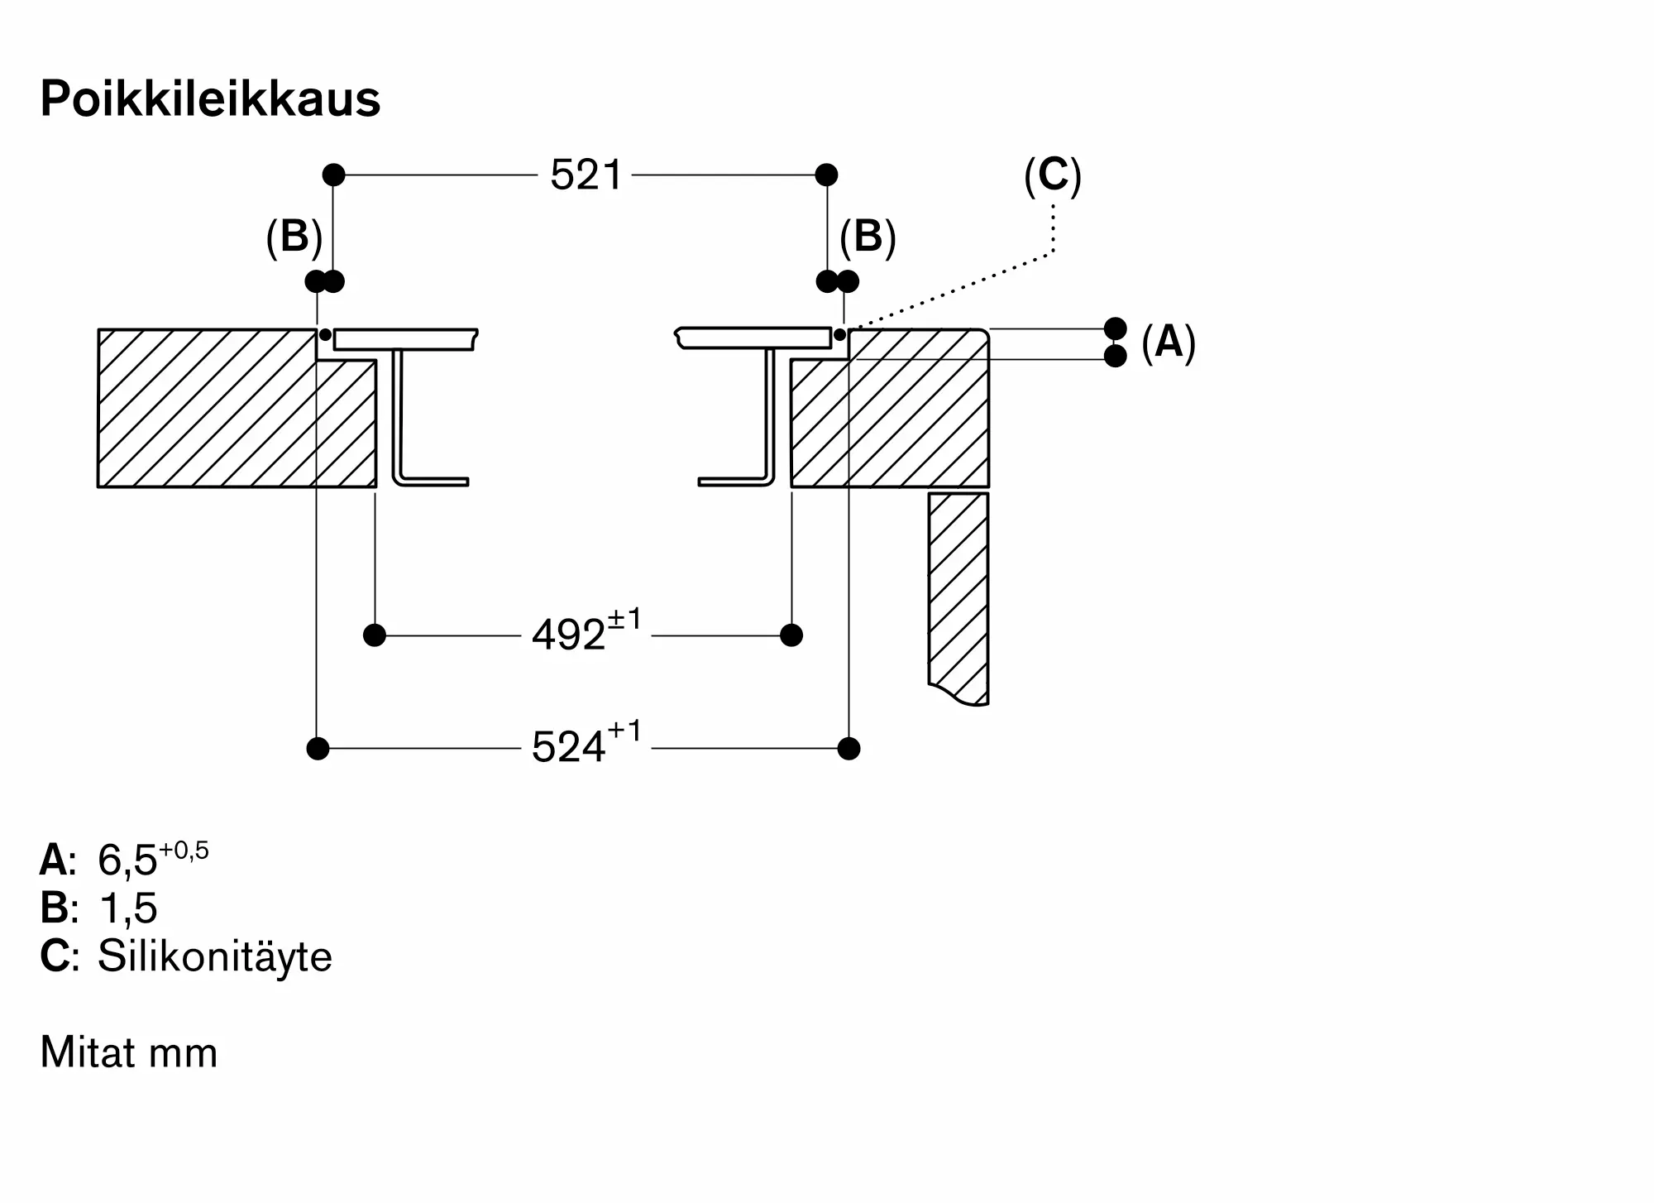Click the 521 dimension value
tap(586, 175)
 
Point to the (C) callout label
tap(1053, 175)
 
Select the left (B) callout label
tap(294, 237)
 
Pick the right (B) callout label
tap(868, 237)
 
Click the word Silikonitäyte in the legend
tap(215, 956)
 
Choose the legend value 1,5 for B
tap(127, 908)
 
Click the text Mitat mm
tap(129, 1052)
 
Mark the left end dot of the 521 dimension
tap(333, 175)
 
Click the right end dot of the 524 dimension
tap(849, 749)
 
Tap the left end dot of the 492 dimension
tap(375, 635)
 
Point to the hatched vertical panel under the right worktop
tap(958, 597)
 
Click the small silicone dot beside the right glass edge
tap(839, 335)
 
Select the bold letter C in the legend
tap(55, 956)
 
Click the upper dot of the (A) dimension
tap(1116, 328)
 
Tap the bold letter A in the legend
tap(55, 860)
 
